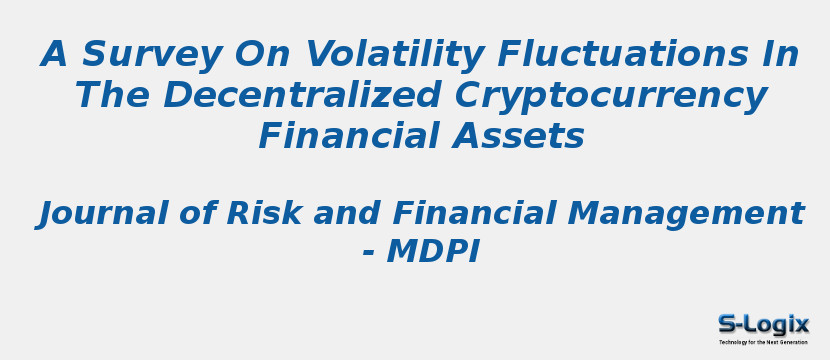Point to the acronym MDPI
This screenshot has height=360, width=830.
pos(432,252)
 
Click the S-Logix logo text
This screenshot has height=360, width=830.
pos(763,324)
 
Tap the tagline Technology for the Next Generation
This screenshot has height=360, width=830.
pos(763,342)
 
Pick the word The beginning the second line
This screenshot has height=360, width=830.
pos(112,96)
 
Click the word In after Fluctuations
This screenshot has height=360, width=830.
pos(781,55)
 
